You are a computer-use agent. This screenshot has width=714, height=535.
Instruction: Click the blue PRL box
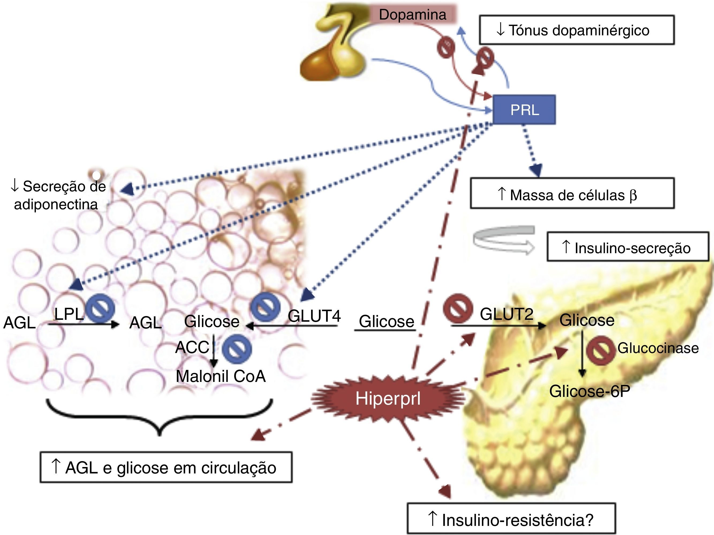(x=524, y=110)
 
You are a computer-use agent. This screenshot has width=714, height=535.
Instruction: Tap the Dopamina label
(x=413, y=14)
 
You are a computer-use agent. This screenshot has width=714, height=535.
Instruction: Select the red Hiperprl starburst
(x=388, y=399)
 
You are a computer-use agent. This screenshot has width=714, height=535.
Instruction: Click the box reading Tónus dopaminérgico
(x=576, y=30)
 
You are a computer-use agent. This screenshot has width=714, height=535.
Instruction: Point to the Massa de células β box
(x=572, y=193)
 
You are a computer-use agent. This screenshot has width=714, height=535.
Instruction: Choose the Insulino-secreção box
(x=628, y=247)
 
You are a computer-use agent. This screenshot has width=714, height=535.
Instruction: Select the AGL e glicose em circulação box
(x=166, y=468)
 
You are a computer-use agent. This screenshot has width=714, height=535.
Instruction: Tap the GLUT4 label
(x=314, y=316)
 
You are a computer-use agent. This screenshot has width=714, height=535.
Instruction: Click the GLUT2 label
(x=507, y=314)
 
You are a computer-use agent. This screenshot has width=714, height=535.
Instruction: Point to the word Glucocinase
(x=658, y=348)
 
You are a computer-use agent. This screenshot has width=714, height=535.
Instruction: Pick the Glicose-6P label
(x=590, y=391)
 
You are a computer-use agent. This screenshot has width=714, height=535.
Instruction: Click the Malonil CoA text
(x=221, y=376)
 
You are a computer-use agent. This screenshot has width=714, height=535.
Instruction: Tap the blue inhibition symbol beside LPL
(x=102, y=308)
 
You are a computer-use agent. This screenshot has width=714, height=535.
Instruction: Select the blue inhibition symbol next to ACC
(x=237, y=349)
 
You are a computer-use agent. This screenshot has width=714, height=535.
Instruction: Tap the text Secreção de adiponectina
(x=58, y=195)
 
